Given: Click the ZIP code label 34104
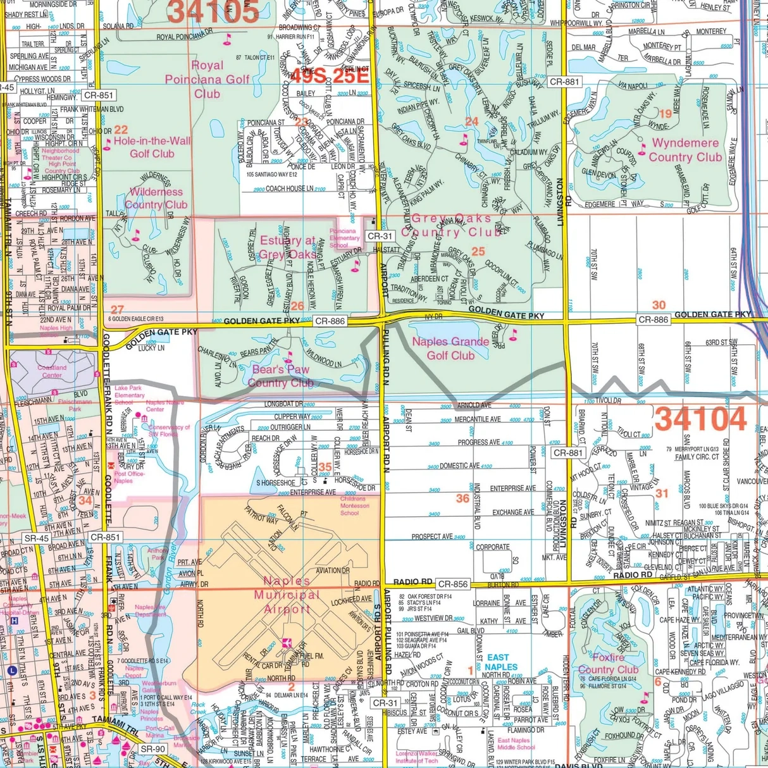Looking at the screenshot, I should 700,419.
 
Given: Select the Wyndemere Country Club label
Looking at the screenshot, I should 685,150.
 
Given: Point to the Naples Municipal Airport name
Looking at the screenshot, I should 287,595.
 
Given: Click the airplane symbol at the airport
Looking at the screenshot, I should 286,643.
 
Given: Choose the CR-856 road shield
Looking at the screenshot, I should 452,584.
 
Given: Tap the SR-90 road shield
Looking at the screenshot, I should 152,749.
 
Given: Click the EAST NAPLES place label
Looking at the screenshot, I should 501,662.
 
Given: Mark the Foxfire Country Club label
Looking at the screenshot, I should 608,663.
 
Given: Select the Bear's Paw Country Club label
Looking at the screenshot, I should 280,376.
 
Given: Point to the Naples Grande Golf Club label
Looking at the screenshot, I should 450,349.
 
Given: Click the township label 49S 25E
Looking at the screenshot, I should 328,76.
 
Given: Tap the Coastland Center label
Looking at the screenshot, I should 52,371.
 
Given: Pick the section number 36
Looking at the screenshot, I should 462,499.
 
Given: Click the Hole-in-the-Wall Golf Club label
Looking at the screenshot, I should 152,147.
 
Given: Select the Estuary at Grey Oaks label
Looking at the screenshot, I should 287,247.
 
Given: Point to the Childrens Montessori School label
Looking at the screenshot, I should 354,506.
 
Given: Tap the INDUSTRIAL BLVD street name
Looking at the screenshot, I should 476,505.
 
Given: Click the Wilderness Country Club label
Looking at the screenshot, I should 156,198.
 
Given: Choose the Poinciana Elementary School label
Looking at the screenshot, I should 344,238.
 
